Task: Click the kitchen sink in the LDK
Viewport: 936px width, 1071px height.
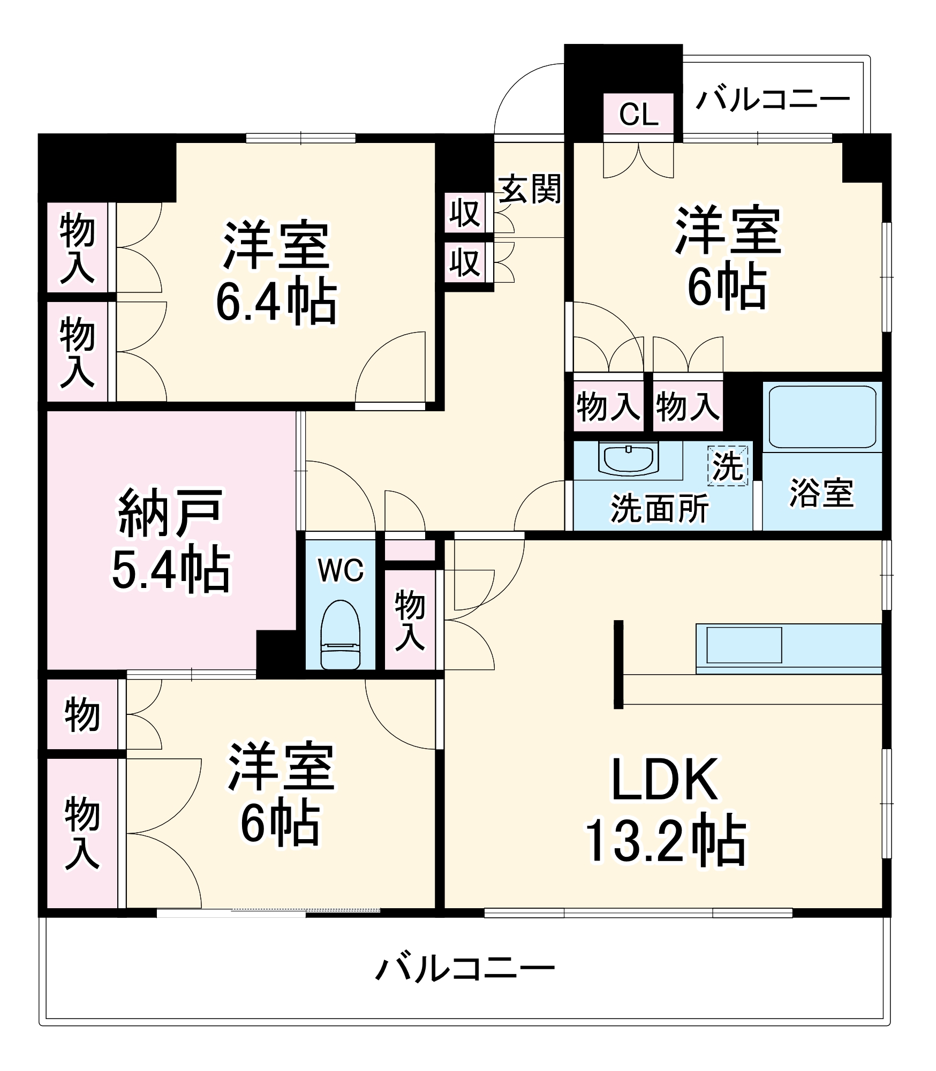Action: click(744, 645)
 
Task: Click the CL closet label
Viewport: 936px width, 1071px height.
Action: click(638, 114)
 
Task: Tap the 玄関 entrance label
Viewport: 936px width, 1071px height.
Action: click(530, 189)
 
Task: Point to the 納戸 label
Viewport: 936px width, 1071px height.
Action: click(170, 512)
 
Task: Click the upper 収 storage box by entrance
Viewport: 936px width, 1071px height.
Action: click(464, 213)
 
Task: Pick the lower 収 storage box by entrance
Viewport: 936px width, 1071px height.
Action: click(464, 262)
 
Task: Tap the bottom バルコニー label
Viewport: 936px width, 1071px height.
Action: click(465, 969)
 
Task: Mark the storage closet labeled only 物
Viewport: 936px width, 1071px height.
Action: click(82, 714)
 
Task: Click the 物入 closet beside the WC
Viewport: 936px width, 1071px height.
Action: click(410, 621)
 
